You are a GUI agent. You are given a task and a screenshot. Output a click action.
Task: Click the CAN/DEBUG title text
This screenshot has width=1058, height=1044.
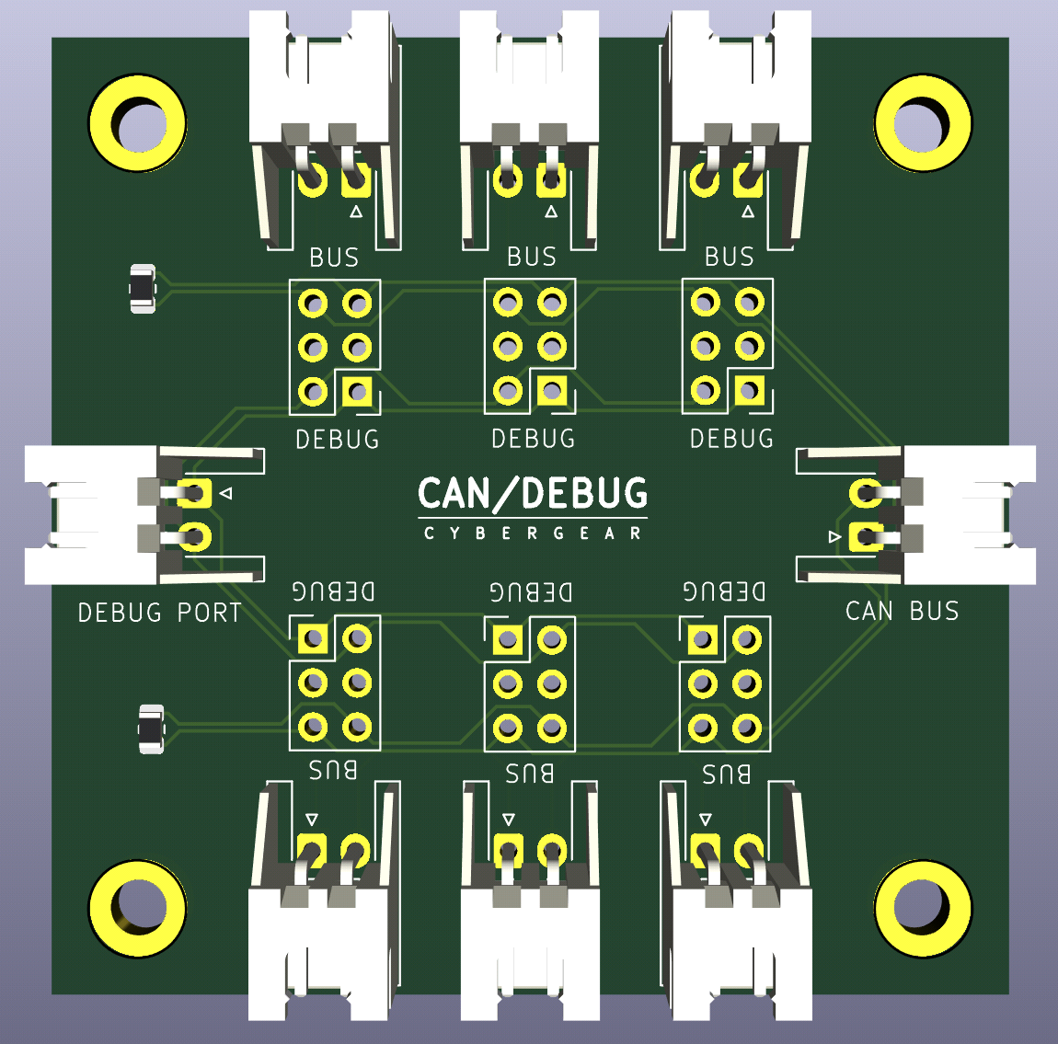[533, 494]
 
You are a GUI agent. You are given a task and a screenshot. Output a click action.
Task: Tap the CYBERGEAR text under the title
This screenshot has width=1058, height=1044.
[533, 533]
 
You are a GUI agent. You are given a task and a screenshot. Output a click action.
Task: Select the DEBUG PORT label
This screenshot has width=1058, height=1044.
[159, 613]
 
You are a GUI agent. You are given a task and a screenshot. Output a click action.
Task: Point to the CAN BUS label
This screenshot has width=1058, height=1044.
[902, 611]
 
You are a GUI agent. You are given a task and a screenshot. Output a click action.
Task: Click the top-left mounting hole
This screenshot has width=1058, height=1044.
[138, 123]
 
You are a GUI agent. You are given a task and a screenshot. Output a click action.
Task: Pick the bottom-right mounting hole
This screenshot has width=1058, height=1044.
[923, 908]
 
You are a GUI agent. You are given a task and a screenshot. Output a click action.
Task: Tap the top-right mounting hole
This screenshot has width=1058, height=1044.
[923, 123]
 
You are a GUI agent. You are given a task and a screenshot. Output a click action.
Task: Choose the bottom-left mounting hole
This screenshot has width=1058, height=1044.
[138, 908]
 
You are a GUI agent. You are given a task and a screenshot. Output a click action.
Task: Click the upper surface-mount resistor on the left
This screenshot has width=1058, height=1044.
[143, 289]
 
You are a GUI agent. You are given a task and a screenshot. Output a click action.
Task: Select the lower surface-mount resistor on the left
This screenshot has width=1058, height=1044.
[151, 729]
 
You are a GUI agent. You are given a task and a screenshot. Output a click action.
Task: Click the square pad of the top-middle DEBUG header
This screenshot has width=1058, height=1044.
[552, 391]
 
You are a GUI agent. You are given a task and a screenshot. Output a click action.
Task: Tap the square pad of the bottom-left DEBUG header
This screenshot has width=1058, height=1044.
[313, 638]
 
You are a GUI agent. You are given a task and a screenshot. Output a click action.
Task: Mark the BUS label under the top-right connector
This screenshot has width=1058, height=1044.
[730, 257]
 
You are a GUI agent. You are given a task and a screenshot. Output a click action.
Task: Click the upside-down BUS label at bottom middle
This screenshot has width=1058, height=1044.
[530, 773]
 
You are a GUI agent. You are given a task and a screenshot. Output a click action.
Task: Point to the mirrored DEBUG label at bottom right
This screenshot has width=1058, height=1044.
[724, 591]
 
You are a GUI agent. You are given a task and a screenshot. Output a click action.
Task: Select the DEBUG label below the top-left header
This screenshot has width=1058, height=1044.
[338, 440]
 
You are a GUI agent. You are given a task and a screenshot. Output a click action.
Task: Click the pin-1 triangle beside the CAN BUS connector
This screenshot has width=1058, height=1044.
[835, 537]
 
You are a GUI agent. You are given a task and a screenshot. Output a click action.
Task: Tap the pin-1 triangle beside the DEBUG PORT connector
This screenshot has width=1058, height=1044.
[226, 494]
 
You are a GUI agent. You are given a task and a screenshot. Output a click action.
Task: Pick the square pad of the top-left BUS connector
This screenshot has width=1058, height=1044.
[356, 180]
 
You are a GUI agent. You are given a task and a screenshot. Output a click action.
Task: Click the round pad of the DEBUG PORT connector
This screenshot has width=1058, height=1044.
[195, 537]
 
